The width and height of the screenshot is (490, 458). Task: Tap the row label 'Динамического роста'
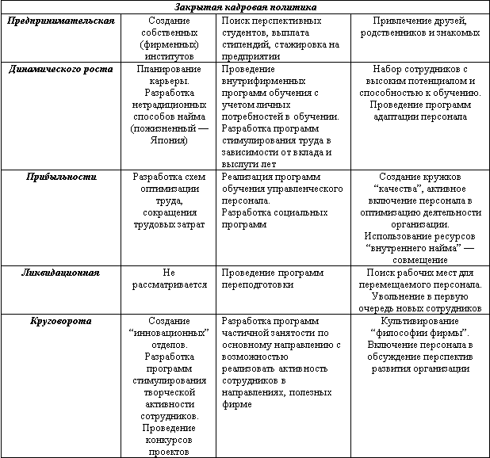click(60, 69)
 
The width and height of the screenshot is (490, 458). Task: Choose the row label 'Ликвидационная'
click(61, 273)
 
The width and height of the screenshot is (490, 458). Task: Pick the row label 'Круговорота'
click(61, 321)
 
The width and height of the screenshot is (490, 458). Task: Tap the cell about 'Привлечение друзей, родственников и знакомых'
click(419, 26)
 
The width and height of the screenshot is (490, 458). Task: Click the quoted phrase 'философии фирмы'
click(419, 333)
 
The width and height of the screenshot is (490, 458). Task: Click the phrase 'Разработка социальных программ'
click(270, 219)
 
